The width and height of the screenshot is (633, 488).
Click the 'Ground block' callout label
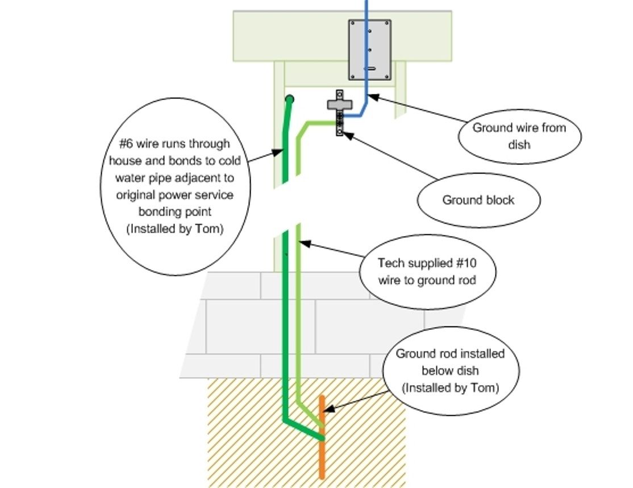[478, 200]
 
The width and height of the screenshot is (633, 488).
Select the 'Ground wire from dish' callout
[519, 136]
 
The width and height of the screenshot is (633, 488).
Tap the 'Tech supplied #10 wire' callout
[427, 272]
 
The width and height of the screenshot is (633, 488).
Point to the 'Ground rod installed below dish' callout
[450, 371]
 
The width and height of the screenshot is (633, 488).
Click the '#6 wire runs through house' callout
[175, 186]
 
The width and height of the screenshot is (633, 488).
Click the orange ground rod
[322, 455]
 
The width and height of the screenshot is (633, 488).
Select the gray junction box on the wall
[369, 50]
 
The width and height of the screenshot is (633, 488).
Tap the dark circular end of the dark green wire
[289, 100]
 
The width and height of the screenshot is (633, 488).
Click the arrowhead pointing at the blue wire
[371, 97]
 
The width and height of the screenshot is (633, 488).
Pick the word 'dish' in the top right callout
[519, 144]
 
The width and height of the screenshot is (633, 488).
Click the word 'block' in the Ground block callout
[500, 200]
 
